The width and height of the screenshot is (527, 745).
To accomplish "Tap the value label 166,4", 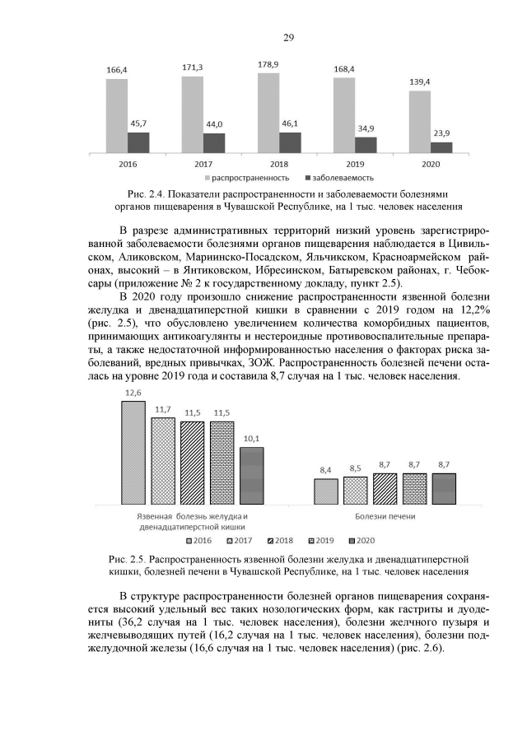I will [117, 71].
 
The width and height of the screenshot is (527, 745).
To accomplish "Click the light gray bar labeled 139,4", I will [419, 122].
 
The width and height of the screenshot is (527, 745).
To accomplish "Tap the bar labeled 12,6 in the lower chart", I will [133, 453].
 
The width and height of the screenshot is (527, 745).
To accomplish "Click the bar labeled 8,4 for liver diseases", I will [326, 491].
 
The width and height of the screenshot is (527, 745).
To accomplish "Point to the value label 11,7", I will [163, 410].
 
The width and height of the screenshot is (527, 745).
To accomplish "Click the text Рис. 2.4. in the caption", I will [135, 193].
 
